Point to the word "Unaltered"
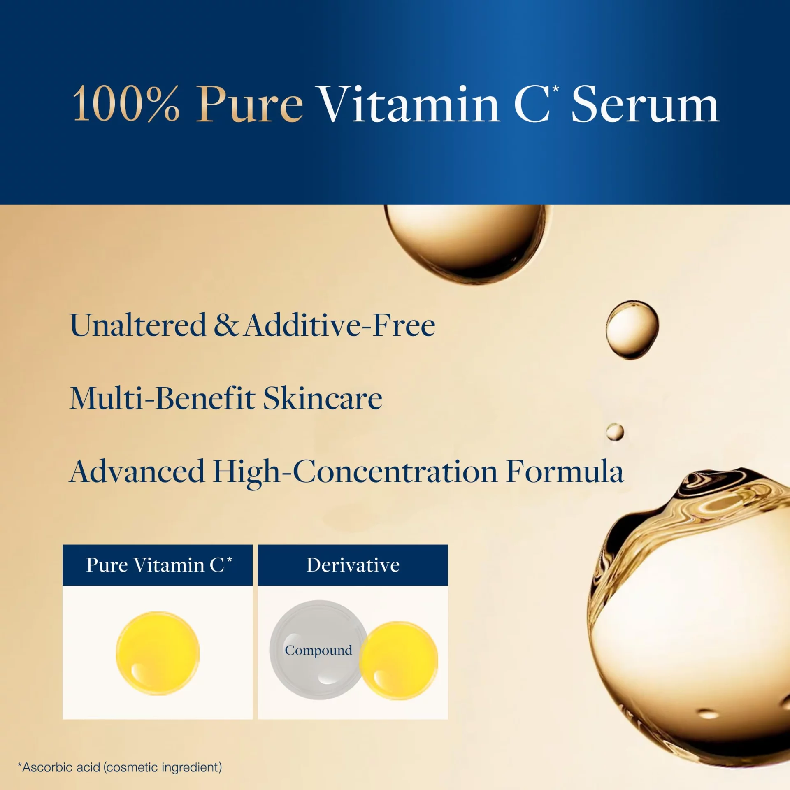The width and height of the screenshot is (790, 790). coord(138,325)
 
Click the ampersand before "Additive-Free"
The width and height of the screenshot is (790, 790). coord(225,325)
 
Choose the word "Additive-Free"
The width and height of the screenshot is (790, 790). coord(339,325)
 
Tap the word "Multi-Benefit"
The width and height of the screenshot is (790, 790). coord(163,398)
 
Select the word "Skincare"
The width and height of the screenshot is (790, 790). coord(323,398)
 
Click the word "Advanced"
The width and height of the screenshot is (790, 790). coord(137,471)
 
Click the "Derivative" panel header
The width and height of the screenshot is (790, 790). coord(353,565)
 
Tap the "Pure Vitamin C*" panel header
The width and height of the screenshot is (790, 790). coord(158,565)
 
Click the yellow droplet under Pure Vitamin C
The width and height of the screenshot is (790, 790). coord(158,653)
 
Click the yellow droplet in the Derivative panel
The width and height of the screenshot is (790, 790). coord(399,661)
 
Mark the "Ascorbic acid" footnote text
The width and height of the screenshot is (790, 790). coord(120,767)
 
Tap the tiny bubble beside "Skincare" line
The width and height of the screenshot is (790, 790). coord(615,432)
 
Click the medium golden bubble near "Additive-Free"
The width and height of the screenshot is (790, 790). coord(632,330)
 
